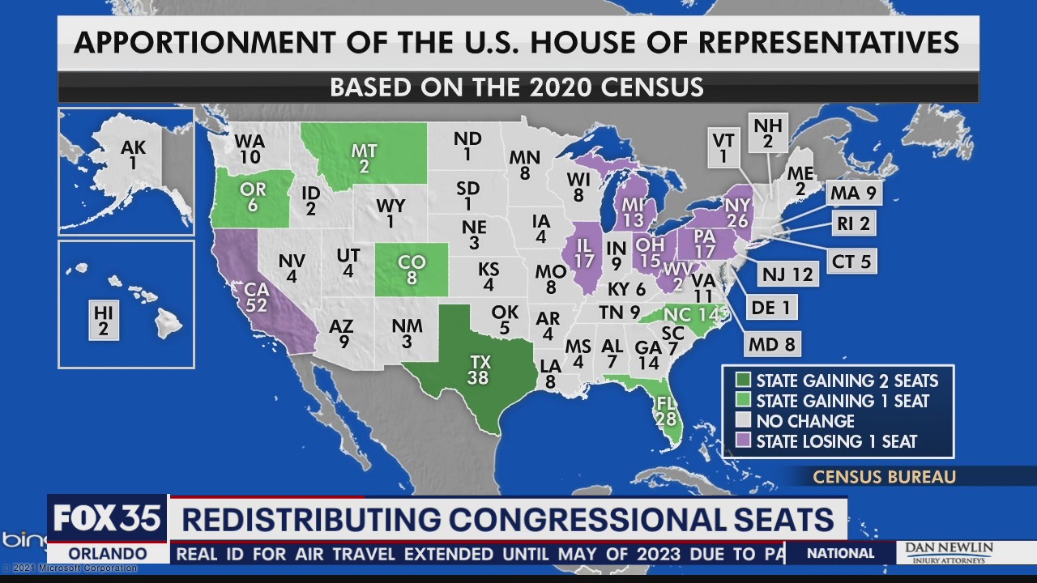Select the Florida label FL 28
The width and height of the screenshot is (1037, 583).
pyautogui.click(x=668, y=411)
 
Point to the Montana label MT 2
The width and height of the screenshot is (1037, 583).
pyautogui.click(x=363, y=158)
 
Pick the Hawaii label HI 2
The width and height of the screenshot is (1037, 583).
pyautogui.click(x=104, y=321)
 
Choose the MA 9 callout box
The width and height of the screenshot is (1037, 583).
pyautogui.click(x=854, y=194)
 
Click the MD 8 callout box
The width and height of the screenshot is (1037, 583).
pyautogui.click(x=772, y=344)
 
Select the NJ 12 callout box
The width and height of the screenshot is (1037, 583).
pyautogui.click(x=787, y=274)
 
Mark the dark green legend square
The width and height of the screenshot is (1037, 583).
pyautogui.click(x=742, y=381)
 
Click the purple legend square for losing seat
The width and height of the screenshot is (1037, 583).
pyautogui.click(x=742, y=441)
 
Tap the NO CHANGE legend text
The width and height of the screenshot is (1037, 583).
pyautogui.click(x=804, y=421)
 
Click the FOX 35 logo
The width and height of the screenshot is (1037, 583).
pyautogui.click(x=107, y=518)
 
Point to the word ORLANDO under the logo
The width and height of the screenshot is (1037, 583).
pyautogui.click(x=107, y=554)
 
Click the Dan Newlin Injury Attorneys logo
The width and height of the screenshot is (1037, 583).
pyautogui.click(x=948, y=553)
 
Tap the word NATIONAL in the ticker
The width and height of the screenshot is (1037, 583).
pyautogui.click(x=840, y=554)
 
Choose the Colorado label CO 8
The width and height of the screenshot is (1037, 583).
pyautogui.click(x=412, y=270)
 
